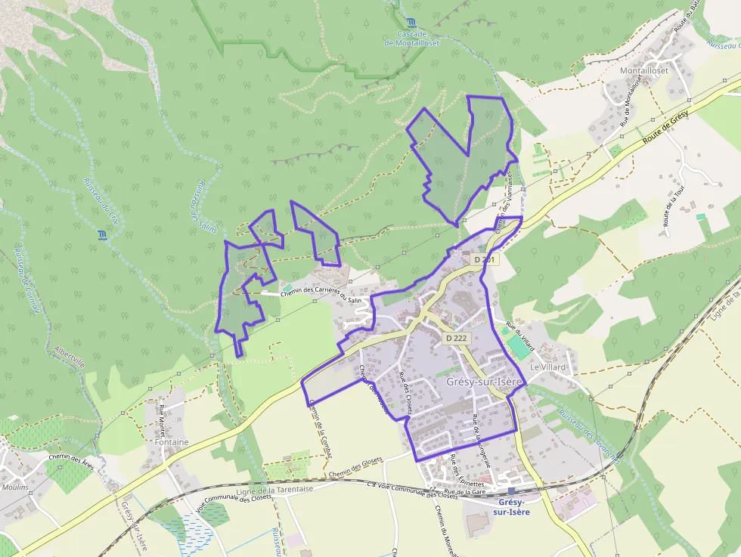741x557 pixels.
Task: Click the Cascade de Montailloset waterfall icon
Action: (411, 22)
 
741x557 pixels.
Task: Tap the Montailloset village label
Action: (644, 70)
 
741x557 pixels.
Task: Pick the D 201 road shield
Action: (486, 259)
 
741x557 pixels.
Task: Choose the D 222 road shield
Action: (456, 338)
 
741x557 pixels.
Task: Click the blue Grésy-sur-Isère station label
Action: (511, 507)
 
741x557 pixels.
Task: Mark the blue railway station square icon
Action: (511, 491)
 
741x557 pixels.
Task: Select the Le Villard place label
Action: (547, 367)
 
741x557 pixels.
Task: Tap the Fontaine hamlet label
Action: (171, 442)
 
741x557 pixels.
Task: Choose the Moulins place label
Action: (15, 487)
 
